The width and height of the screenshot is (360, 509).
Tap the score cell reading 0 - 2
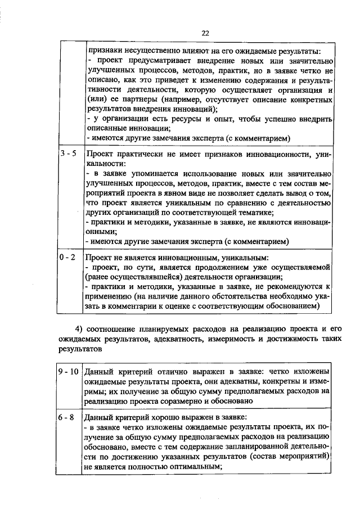pyautogui.click(x=68, y=257)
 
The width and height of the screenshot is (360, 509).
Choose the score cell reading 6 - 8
pyautogui.click(x=68, y=418)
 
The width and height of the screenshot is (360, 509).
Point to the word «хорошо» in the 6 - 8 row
pyautogui.click(x=169, y=418)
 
